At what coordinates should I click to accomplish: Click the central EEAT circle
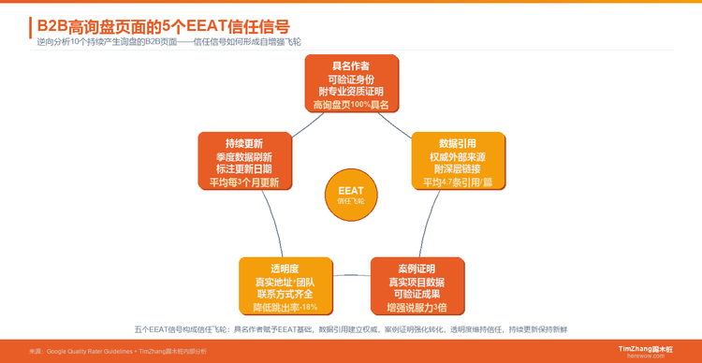tap(351, 195)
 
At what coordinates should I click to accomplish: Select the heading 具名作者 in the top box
tap(351, 65)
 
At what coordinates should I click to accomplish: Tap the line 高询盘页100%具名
tap(351, 106)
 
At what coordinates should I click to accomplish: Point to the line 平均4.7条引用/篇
tap(459, 182)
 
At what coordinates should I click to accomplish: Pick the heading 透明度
tap(285, 269)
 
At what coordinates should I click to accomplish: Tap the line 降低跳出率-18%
tap(285, 307)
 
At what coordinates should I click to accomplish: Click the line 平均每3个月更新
tap(243, 182)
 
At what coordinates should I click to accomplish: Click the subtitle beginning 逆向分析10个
tap(168, 43)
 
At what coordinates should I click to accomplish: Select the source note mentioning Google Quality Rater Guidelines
tap(117, 351)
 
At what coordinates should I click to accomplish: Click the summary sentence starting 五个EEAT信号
tap(351, 329)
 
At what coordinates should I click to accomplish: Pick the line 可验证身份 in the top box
tap(351, 80)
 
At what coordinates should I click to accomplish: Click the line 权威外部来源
tap(459, 156)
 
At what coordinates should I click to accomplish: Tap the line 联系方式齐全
tap(285, 294)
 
